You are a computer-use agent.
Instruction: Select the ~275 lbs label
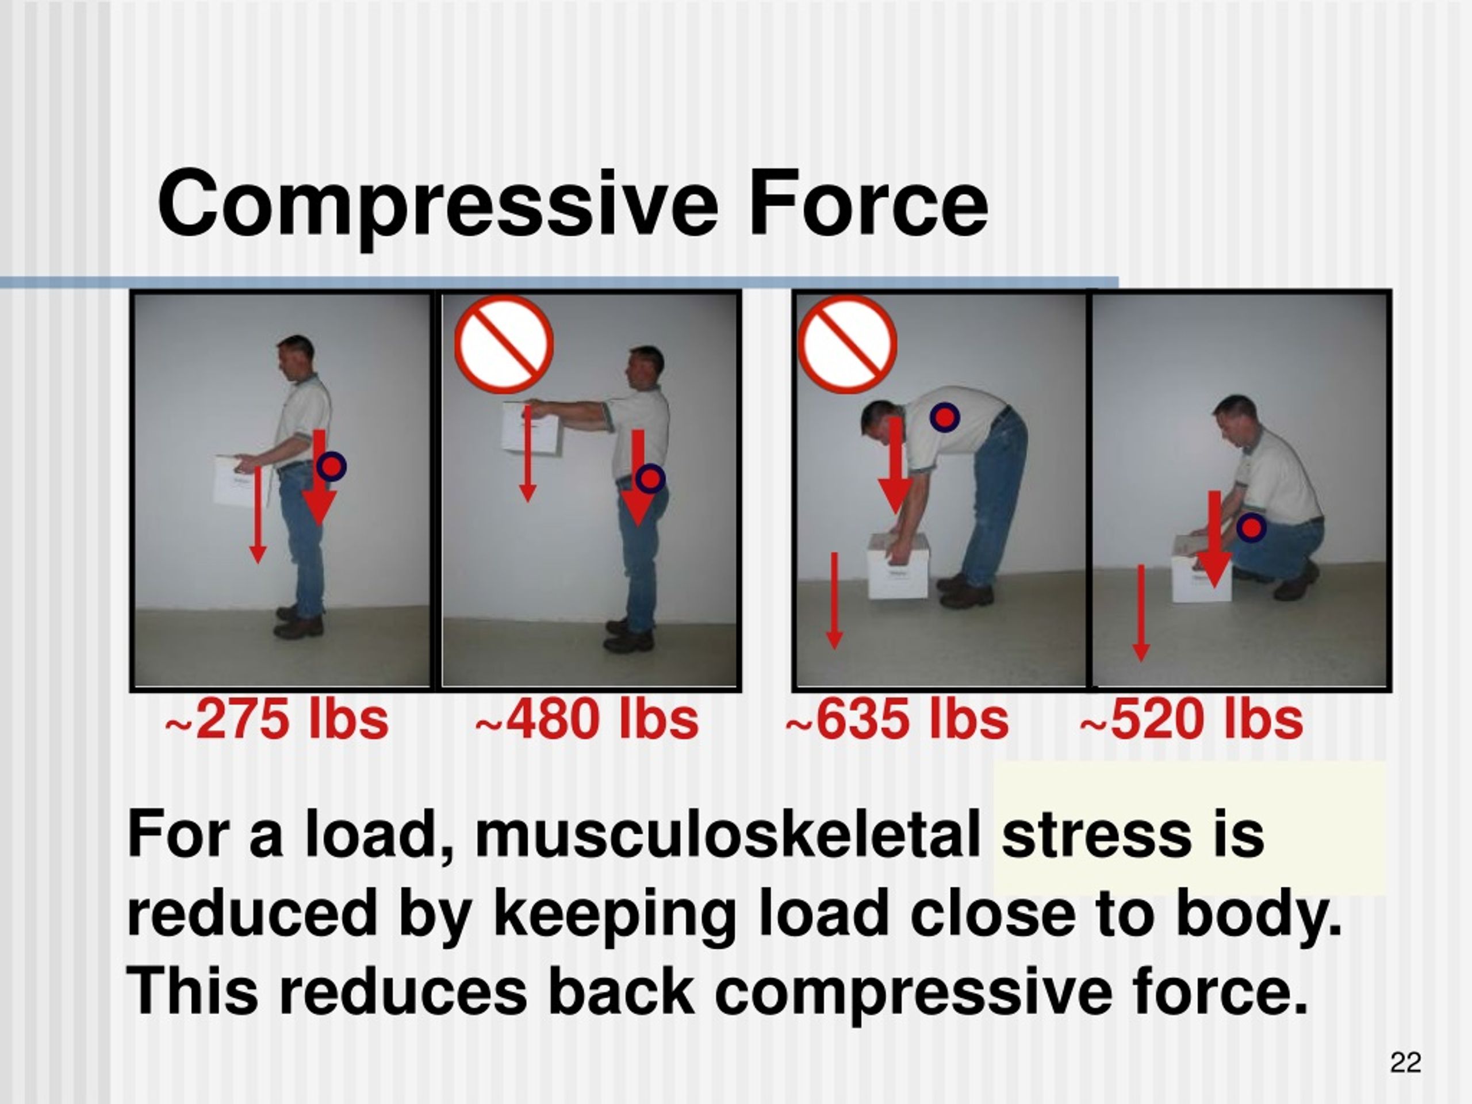(277, 719)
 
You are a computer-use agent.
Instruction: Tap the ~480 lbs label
(587, 719)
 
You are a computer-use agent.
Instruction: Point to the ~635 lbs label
(897, 719)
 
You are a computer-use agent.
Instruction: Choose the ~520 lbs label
(1191, 719)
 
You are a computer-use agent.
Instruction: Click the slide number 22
(1405, 1063)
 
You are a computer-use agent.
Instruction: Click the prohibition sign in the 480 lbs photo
(504, 344)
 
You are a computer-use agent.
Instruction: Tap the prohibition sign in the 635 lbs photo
(847, 344)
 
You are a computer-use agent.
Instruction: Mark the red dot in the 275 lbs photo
(331, 466)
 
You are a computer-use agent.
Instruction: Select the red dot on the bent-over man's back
(944, 417)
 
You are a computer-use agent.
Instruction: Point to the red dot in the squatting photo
(1252, 528)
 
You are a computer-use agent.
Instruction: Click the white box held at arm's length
(532, 428)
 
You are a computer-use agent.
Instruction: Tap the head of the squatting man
(1235, 417)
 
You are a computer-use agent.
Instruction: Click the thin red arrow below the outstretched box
(527, 456)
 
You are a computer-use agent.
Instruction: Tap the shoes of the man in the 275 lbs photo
(299, 622)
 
